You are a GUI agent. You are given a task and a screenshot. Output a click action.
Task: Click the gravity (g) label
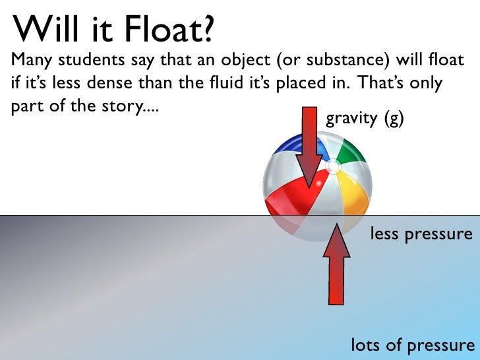click(x=365, y=119)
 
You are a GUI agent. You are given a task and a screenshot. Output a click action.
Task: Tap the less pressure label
click(x=421, y=234)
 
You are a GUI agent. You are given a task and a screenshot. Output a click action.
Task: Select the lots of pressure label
click(x=411, y=345)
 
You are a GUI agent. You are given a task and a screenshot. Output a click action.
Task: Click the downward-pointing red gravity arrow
click(x=309, y=152)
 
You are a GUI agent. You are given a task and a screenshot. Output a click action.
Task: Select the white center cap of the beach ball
click(x=334, y=167)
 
